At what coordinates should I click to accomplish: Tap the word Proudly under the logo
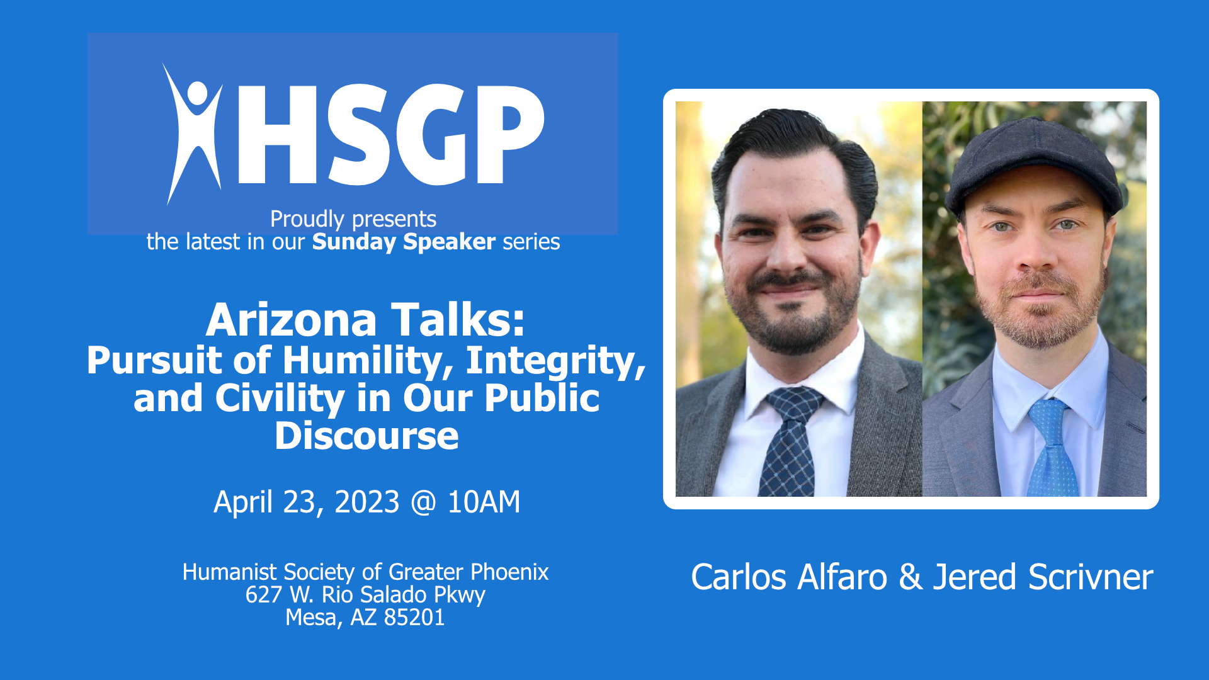[x=307, y=219]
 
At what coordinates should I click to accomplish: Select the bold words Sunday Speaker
[x=404, y=242]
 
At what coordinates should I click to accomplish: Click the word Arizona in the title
[x=291, y=320]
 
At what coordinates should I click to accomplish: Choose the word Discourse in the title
[x=366, y=436]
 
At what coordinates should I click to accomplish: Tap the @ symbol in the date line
[x=423, y=502]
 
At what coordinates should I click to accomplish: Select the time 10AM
[x=484, y=502]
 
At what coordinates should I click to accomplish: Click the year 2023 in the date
[x=366, y=502]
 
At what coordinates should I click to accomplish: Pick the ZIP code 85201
[x=414, y=618]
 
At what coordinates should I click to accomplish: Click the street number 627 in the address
[x=264, y=595]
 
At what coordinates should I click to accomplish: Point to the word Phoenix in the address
[x=509, y=572]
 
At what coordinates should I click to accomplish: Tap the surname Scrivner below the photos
[x=1091, y=577]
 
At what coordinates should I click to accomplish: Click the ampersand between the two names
[x=911, y=577]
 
